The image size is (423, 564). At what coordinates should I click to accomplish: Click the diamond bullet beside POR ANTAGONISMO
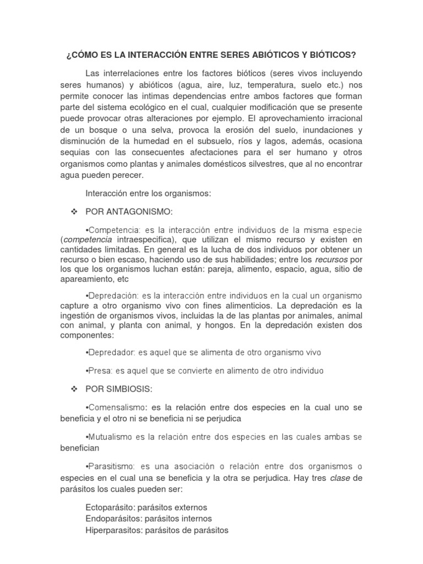73,211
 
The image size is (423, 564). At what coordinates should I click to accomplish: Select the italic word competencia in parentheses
88,240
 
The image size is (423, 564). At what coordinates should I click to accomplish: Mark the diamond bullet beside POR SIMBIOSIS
73,389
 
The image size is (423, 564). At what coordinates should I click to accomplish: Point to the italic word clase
340,478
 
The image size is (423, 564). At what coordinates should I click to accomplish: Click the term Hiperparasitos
112,530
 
